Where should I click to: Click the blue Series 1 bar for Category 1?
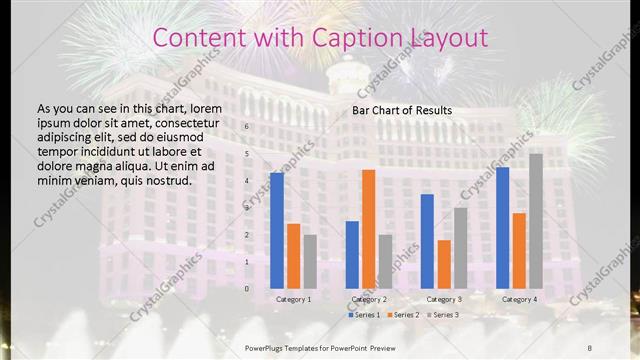(x=277, y=230)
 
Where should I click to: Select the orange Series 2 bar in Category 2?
(x=369, y=229)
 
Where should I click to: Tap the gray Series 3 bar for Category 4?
(x=536, y=221)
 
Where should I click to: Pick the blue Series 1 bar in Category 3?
(x=427, y=241)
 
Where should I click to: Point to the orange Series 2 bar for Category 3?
(x=444, y=264)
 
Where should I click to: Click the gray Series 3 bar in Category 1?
(x=310, y=261)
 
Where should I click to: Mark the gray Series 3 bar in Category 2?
(x=385, y=261)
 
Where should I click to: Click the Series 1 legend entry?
(x=363, y=315)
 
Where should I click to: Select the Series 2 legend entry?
(x=402, y=315)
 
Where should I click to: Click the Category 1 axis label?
(x=293, y=299)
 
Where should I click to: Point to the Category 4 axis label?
(x=519, y=299)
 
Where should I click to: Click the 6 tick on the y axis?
(x=246, y=128)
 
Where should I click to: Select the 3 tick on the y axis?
(x=246, y=208)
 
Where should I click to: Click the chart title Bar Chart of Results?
(x=402, y=110)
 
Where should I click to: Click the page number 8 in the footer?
(x=590, y=347)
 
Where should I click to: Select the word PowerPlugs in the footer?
(x=265, y=347)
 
